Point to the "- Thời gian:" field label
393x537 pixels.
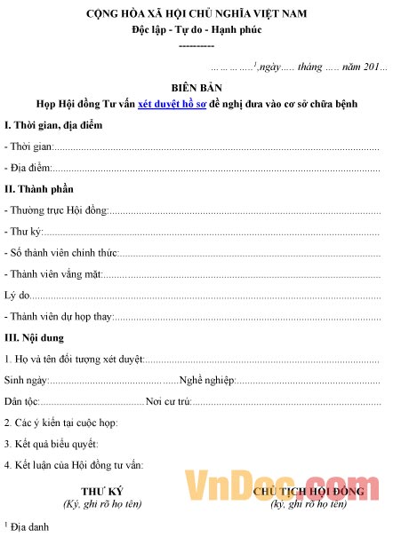coord(28,146)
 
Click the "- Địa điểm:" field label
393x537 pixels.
coord(28,167)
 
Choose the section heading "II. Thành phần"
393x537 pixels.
coord(39,189)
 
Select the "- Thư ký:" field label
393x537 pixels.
coord(24,232)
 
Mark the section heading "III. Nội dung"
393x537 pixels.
coord(34,338)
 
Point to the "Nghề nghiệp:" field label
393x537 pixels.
coord(207,380)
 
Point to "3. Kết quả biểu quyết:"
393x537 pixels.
coord(51,444)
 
